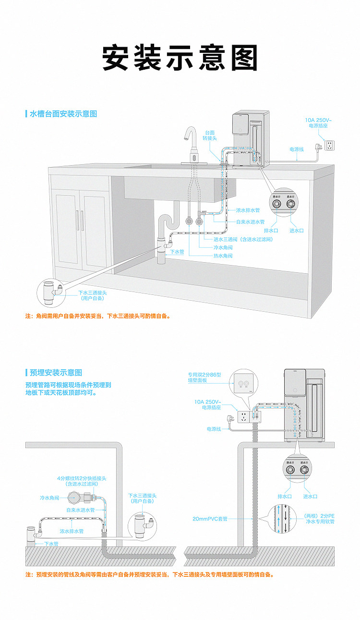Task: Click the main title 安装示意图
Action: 180,58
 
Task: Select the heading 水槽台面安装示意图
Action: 63,114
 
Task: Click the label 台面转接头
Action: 210,135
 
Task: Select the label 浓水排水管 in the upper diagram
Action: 248,210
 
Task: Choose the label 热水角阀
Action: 223,256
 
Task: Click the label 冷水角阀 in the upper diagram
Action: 223,247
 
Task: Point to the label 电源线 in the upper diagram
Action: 296,149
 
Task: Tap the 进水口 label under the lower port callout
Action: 310,496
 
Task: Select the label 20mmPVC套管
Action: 210,519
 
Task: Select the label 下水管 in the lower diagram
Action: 51,544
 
